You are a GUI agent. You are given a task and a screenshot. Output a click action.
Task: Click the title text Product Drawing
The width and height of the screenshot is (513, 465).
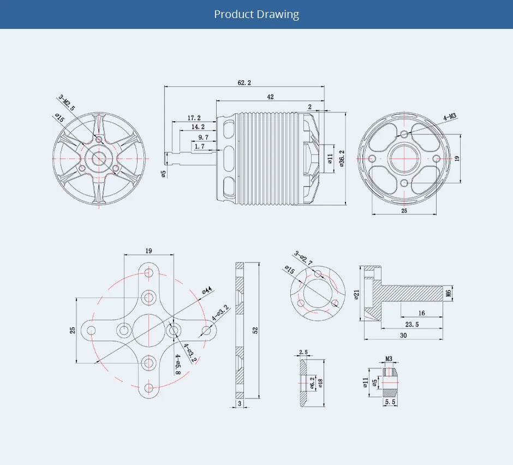256,14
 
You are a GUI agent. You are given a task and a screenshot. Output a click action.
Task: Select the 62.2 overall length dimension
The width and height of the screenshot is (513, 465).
244,82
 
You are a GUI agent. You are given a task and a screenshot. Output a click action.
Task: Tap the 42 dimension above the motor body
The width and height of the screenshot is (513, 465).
270,97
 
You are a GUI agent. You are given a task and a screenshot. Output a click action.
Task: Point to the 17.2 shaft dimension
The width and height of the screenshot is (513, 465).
194,118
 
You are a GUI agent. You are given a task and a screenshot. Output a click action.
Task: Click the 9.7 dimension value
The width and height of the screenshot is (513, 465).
203,137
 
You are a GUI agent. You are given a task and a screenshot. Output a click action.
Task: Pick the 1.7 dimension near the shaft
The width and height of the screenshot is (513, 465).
199,146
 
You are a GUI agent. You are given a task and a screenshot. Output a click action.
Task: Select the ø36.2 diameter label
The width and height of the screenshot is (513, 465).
342,158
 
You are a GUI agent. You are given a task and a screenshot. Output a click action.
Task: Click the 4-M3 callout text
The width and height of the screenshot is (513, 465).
450,117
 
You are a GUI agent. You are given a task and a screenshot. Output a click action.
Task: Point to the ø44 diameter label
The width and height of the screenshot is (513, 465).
207,290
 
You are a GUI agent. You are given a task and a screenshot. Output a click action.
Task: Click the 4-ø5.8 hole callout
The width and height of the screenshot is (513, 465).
178,364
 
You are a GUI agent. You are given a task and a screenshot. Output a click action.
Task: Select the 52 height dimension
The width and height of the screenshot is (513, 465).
255,330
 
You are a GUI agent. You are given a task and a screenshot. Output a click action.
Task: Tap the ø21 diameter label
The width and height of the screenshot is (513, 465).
356,295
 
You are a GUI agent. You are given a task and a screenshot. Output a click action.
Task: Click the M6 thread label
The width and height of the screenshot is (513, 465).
449,293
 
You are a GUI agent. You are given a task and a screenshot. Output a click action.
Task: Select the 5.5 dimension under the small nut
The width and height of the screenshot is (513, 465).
390,402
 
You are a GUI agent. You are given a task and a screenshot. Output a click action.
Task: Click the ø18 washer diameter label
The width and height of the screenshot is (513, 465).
320,383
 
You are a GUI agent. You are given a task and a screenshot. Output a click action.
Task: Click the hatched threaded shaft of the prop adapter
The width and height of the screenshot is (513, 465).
415,293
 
